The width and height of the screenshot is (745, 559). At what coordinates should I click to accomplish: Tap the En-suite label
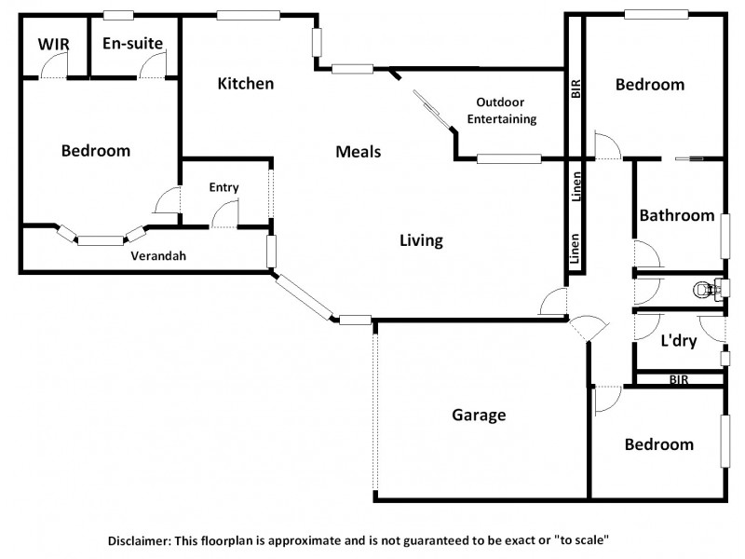pyautogui.click(x=133, y=43)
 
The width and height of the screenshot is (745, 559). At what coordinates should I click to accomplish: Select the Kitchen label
pyautogui.click(x=246, y=84)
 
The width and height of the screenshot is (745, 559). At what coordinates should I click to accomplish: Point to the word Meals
pyautogui.click(x=359, y=152)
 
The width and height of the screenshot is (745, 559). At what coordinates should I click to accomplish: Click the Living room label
pyautogui.click(x=421, y=240)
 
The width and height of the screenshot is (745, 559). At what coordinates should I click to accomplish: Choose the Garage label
pyautogui.click(x=479, y=415)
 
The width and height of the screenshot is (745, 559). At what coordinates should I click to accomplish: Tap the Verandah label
pyautogui.click(x=154, y=255)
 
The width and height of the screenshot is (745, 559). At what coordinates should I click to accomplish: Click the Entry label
pyautogui.click(x=223, y=187)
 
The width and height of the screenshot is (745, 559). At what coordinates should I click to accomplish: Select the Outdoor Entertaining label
pyautogui.click(x=507, y=110)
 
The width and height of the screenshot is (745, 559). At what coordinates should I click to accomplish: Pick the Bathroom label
pyautogui.click(x=677, y=215)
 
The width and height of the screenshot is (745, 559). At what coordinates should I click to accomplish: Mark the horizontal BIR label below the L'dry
pyautogui.click(x=679, y=380)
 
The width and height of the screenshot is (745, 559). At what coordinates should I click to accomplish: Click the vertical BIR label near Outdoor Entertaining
pyautogui.click(x=576, y=89)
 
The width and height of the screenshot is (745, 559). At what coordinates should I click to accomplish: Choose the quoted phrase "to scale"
pyautogui.click(x=577, y=539)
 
